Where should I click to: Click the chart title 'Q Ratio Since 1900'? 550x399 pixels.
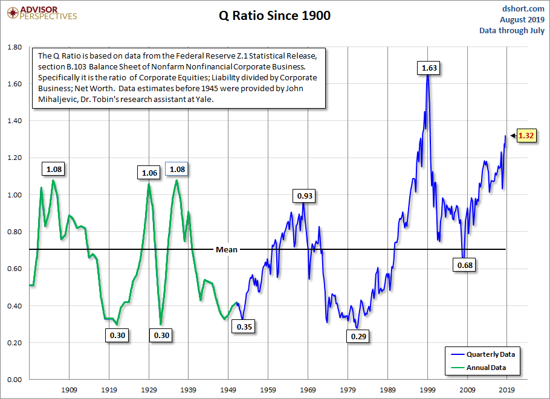pyautogui.click(x=274, y=16)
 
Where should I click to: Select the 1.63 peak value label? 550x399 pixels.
pyautogui.click(x=429, y=68)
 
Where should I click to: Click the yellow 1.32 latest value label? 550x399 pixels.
pyautogui.click(x=526, y=136)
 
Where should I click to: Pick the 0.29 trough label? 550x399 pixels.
pyautogui.click(x=359, y=336)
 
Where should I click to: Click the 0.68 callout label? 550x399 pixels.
pyautogui.click(x=466, y=264)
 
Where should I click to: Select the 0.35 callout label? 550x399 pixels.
pyautogui.click(x=244, y=327)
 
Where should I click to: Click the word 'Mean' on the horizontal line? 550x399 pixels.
pyautogui.click(x=227, y=249)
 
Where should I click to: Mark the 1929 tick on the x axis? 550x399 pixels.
pyautogui.click(x=149, y=389)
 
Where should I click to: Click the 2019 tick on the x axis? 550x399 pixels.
pyautogui.click(x=507, y=389)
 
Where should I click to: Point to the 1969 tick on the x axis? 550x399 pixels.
pyautogui.click(x=308, y=389)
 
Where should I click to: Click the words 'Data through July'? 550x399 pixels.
pyautogui.click(x=511, y=30)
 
